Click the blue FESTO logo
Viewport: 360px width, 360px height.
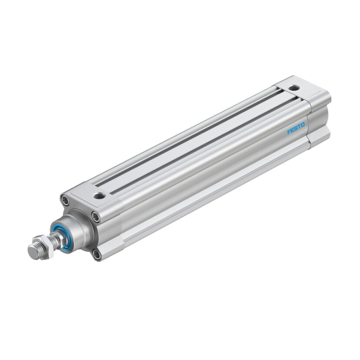point(296,128)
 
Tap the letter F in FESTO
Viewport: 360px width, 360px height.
point(289,132)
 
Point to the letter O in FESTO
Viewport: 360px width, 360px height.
point(303,124)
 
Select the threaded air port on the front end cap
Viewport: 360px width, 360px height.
point(100,195)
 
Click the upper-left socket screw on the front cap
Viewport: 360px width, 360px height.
point(65,200)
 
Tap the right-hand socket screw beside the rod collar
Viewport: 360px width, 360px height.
point(96,217)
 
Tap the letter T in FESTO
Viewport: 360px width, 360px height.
point(300,126)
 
